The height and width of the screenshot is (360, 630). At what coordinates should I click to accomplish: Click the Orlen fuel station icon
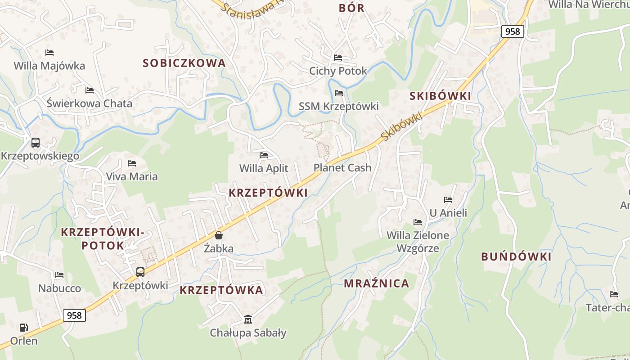[x=23, y=328]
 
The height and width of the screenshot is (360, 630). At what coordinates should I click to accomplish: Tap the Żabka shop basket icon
[x=219, y=235]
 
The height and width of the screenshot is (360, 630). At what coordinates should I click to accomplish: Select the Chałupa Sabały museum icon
[x=248, y=319]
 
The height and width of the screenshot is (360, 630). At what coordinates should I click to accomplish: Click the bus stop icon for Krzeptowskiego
[x=35, y=143]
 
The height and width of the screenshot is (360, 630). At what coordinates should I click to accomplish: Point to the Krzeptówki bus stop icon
[x=140, y=272]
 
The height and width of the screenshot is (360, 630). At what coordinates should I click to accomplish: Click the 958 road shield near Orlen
[x=74, y=315]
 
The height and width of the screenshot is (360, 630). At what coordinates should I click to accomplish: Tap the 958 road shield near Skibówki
[x=513, y=31]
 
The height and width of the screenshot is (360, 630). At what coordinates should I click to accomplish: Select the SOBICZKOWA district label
[x=184, y=63]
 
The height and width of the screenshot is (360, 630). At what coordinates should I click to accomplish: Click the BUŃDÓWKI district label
[x=516, y=256]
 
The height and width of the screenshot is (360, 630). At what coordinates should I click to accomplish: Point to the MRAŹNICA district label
[x=377, y=283]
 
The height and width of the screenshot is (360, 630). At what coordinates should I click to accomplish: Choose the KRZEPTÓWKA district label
[x=221, y=290]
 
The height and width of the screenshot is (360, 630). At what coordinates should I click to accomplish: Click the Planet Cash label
[x=342, y=168]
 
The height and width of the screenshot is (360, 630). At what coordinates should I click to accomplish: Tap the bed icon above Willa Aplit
[x=264, y=155]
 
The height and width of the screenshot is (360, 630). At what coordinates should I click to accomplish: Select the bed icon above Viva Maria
[x=132, y=163]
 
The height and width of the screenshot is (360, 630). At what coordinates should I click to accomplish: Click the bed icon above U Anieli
[x=448, y=200]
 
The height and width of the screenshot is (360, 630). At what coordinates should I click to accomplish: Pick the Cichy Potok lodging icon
[x=338, y=58]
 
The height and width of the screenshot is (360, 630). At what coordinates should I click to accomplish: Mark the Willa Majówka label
[x=49, y=66]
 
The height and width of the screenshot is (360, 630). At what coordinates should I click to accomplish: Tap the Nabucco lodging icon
[x=59, y=275]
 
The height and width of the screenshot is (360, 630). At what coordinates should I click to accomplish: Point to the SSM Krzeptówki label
[x=339, y=106]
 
